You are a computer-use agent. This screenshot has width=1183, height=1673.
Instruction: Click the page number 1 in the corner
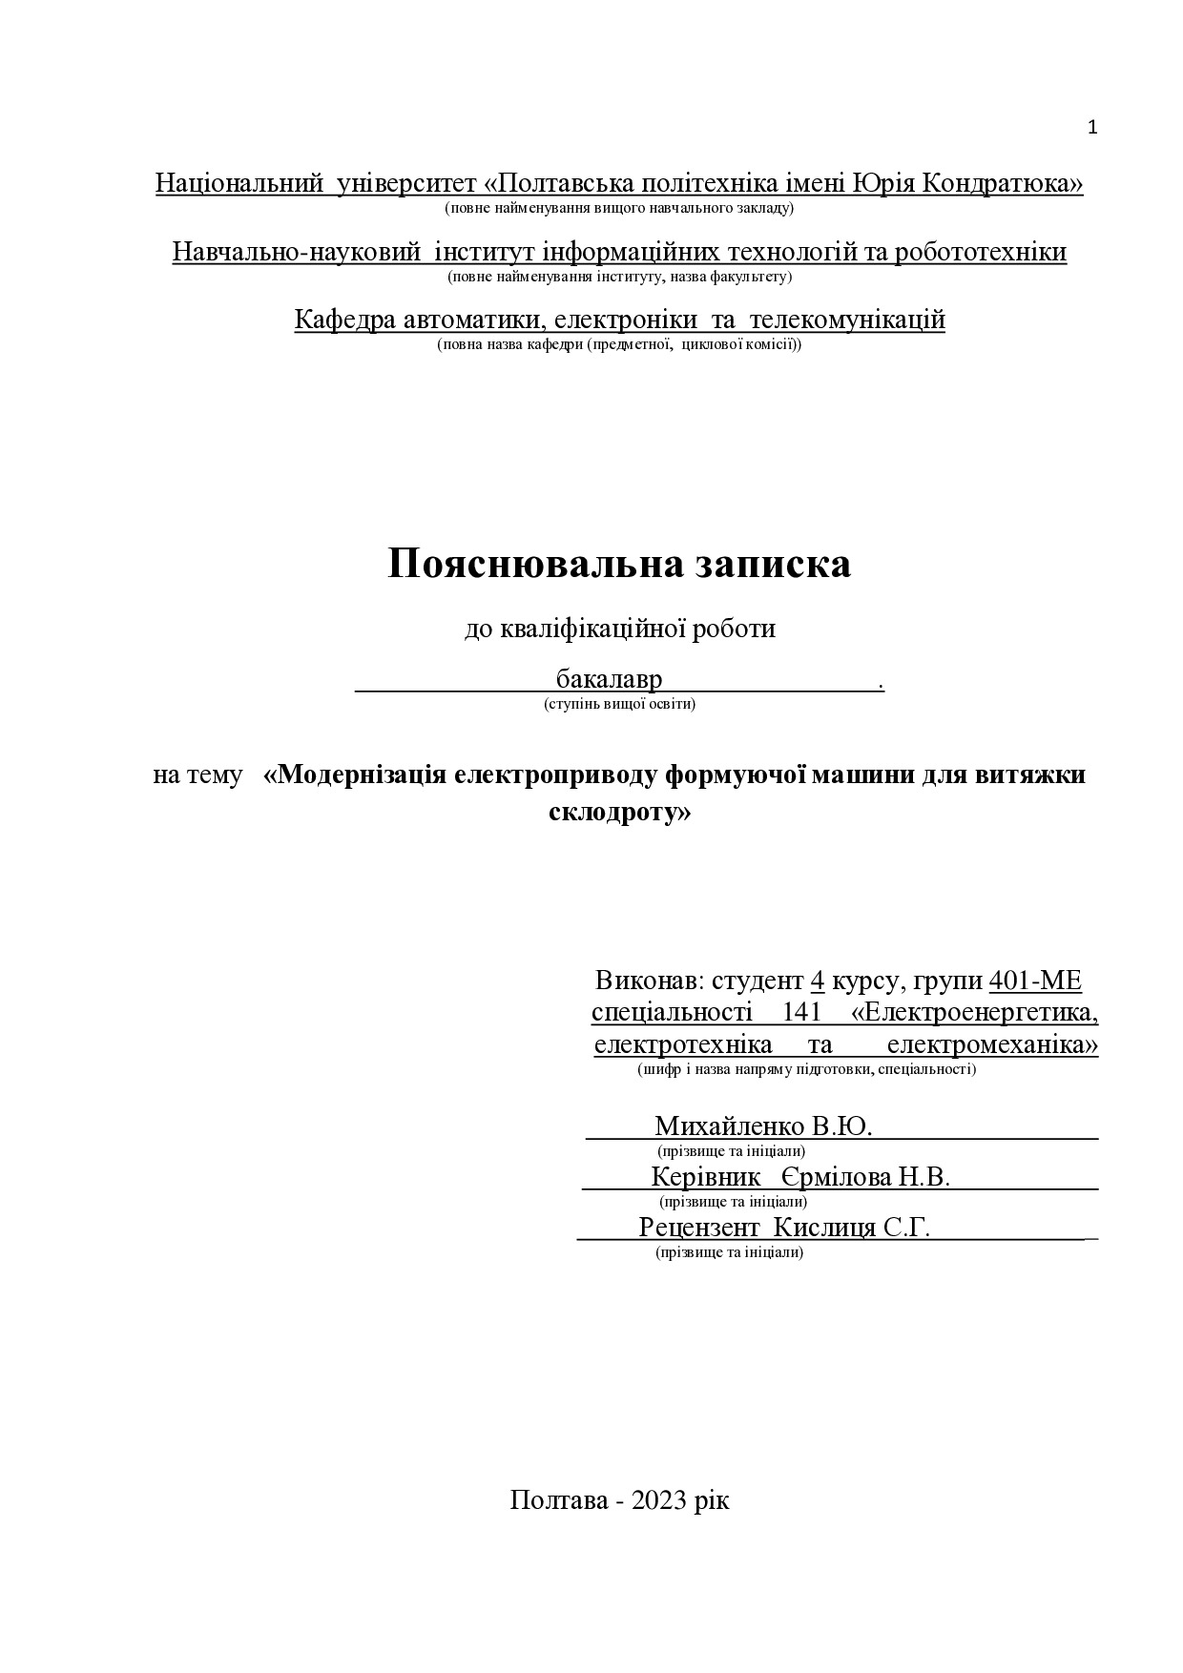pyautogui.click(x=1092, y=128)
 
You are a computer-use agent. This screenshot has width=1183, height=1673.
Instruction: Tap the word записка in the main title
pyautogui.click(x=770, y=564)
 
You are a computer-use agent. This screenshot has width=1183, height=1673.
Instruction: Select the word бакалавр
pyautogui.click(x=609, y=681)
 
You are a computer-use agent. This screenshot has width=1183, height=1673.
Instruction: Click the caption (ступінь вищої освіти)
pyautogui.click(x=619, y=705)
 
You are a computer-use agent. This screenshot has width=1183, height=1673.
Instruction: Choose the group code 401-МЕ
pyautogui.click(x=1035, y=981)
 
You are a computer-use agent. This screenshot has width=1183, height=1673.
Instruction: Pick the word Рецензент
pyautogui.click(x=699, y=1227)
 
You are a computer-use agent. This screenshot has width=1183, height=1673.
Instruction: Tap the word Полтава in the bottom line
pyautogui.click(x=558, y=1500)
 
